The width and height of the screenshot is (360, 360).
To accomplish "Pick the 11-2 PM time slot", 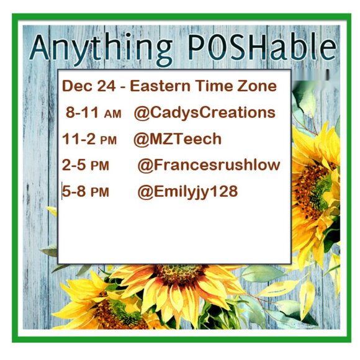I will tap(89, 139).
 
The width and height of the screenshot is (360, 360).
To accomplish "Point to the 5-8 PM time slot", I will tap(86, 192).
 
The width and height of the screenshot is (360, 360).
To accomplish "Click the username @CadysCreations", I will tap(204, 113).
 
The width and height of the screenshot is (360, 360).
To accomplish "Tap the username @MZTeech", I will tap(177, 139).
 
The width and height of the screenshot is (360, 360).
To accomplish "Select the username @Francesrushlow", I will tap(209, 166).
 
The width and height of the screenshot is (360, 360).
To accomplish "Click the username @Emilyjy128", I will tap(187, 192).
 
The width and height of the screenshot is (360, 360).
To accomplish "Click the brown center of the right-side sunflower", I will tap(313, 186).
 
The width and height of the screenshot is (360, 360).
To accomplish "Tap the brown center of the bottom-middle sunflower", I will tap(181, 276).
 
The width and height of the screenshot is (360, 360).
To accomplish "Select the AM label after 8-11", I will tap(112, 114).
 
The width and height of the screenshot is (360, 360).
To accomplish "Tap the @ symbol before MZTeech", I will tap(140, 139).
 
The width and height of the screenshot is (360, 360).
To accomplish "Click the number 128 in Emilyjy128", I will tap(224, 192).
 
